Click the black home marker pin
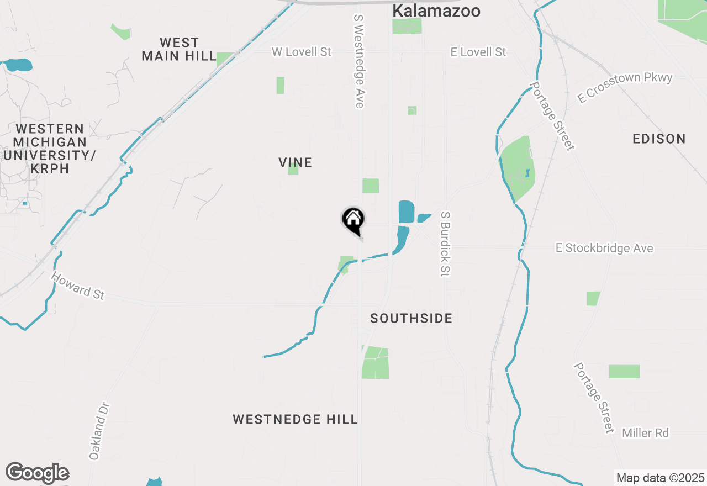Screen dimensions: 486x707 [353, 220]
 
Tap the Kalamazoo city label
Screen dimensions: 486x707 [436, 10]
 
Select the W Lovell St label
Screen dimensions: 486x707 [302, 52]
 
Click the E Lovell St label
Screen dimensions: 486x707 [478, 52]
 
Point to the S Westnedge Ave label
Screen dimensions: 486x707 [359, 61]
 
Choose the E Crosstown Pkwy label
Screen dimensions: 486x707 [625, 87]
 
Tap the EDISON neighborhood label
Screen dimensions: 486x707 [659, 139]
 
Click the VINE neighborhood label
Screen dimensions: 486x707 [296, 162]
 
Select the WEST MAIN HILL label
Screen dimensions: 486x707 [179, 49]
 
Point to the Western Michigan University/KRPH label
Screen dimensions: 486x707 [50, 149]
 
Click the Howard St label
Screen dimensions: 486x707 [78, 286]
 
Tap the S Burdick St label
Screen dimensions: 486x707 [446, 243]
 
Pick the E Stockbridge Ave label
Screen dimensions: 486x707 [604, 249]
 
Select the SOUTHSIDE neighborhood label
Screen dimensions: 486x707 [411, 318]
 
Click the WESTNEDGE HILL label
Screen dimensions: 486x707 [296, 419]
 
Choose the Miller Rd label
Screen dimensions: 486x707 [646, 433]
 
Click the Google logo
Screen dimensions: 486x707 [37, 473]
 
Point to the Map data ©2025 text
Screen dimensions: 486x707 [660, 477]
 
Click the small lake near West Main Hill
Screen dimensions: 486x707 [18, 65]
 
